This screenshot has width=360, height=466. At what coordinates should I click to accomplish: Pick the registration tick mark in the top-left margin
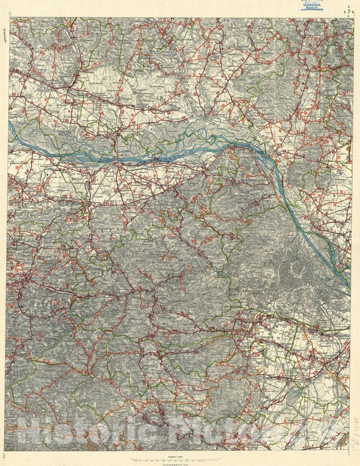pyautogui.click(x=8, y=16)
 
